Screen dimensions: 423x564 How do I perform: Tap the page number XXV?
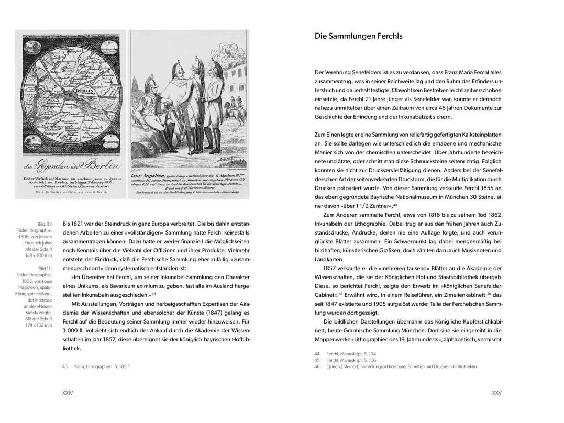[496, 392]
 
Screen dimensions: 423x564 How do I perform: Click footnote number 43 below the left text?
[65, 366]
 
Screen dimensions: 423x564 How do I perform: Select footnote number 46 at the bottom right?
[317, 367]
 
